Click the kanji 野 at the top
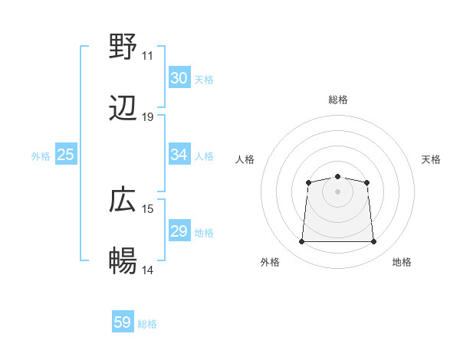pos(123,47)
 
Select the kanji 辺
pos(123,109)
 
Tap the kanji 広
pos(123,201)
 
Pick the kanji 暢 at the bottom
pos(123,262)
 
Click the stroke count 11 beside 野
pos(147,56)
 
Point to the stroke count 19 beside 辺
pos(147,117)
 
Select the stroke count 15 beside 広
pos(147,209)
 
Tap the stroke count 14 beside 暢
pos(147,270)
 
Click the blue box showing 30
pos(179,78)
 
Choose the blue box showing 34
pos(179,155)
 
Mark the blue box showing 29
pos(179,231)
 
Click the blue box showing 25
pos(65,155)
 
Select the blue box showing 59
pos(123,322)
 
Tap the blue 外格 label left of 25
pos(41,155)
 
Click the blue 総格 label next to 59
pos(147,324)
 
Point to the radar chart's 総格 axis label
pos(338,100)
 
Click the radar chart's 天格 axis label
pos(431,159)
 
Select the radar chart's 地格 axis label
pos(402,262)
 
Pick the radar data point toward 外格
pos(301,242)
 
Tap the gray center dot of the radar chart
pos(338,191)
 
